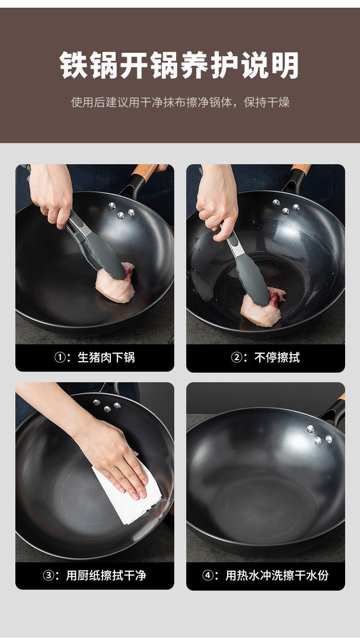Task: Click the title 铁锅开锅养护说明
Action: pos(180,65)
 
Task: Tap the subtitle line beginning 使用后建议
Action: pos(180,102)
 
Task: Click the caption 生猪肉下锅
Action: pos(106,357)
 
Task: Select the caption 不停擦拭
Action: pos(277,357)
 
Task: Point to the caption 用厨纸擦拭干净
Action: pos(106,575)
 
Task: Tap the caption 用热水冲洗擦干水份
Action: pos(277,575)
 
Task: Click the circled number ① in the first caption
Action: pos(60,357)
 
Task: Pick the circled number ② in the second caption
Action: pos(237,357)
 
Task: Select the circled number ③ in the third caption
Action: pos(48,575)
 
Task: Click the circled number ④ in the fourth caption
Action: pos(208,575)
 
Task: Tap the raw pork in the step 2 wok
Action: pos(262,308)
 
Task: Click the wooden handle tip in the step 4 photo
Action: pos(341,397)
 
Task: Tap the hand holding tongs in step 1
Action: pos(51,195)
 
